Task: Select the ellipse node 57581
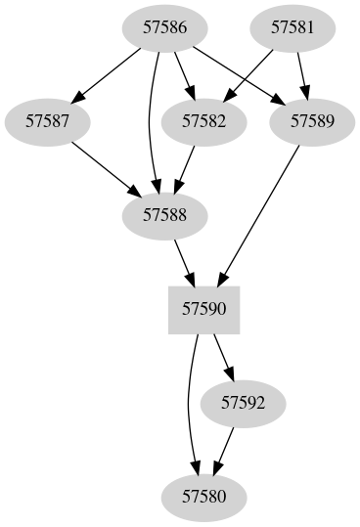293,27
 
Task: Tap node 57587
46,121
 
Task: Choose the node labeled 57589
313,121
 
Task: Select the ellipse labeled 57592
243,402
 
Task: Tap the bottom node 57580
204,496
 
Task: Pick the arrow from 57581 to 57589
302,72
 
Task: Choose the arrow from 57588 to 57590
182,260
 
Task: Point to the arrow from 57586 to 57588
150,117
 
